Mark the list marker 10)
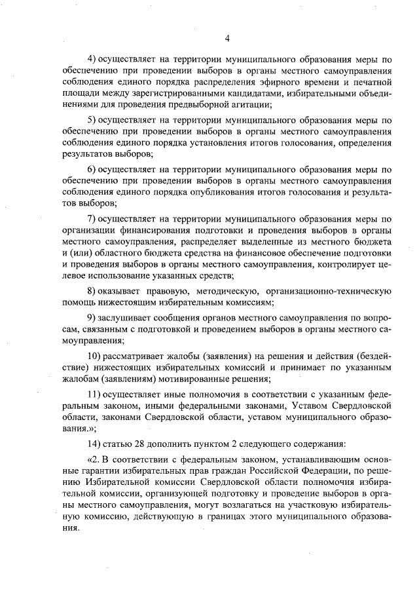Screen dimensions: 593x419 94,355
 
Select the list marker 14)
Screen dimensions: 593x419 95,444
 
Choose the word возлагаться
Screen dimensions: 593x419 239,505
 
